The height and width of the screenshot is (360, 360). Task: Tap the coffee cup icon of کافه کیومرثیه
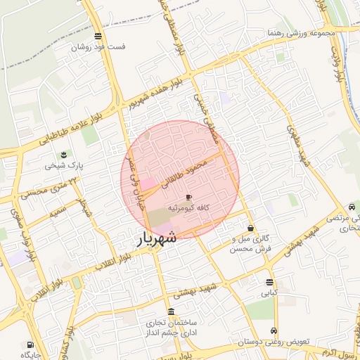tap(188, 198)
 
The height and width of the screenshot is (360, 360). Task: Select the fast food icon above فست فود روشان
tap(97, 37)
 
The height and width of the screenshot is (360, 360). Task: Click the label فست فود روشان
tap(98, 48)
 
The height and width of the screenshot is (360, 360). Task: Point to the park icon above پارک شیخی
tap(65, 154)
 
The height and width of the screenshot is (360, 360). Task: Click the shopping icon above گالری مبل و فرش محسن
tap(251, 228)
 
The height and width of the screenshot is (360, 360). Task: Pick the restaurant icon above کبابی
tap(270, 283)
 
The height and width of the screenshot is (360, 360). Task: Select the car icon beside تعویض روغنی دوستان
tap(274, 331)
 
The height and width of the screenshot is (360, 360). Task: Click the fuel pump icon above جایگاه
tap(30, 345)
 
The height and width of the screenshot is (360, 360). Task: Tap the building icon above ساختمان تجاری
tap(172, 311)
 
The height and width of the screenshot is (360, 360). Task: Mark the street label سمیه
tap(58, 209)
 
